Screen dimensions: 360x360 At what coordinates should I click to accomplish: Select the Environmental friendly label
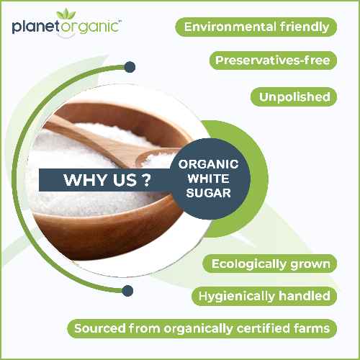point(257,27)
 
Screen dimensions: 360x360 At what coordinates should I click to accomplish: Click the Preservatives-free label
point(273,60)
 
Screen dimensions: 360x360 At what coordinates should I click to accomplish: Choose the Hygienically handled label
point(264,296)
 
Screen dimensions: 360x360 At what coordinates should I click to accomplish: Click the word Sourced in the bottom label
point(99,328)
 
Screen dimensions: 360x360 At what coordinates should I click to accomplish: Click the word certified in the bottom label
point(261,328)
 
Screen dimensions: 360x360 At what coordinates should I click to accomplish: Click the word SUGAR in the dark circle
point(208,193)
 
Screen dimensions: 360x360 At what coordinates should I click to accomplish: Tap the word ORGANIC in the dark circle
point(208,164)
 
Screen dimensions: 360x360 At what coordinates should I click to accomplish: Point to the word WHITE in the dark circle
point(208,179)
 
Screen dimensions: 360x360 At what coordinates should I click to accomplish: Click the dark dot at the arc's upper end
point(130,67)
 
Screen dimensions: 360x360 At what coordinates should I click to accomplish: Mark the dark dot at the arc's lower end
point(127,292)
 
